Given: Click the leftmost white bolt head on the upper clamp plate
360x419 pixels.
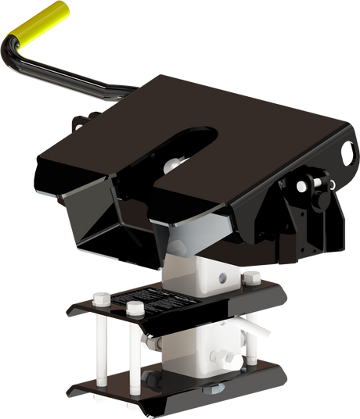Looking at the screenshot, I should pos(99,296).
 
